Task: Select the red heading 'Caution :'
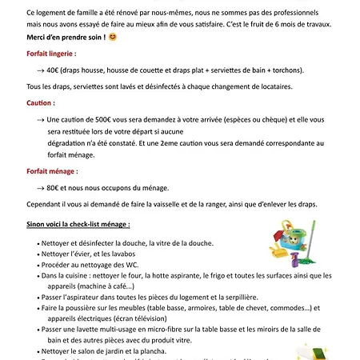point(41,103)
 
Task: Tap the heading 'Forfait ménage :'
point(51,171)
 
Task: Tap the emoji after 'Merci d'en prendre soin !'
point(112,38)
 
